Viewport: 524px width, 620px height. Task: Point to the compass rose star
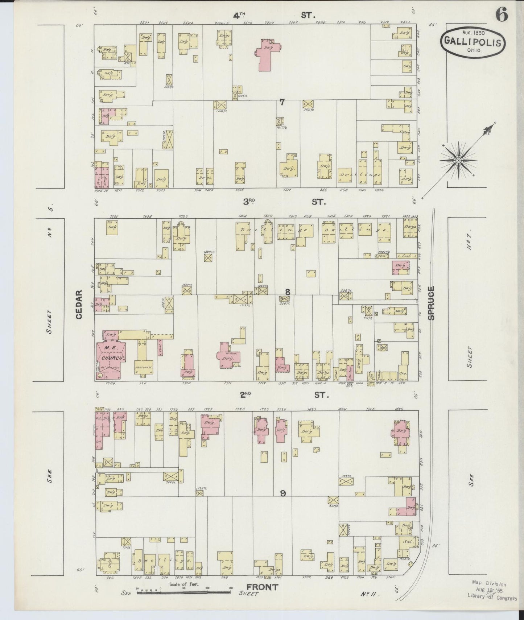458,160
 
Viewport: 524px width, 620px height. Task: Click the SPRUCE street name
431,303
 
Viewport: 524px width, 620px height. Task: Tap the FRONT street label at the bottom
262,587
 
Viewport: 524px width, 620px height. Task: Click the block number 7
282,102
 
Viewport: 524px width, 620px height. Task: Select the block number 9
283,493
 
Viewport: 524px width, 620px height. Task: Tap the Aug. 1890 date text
471,32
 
